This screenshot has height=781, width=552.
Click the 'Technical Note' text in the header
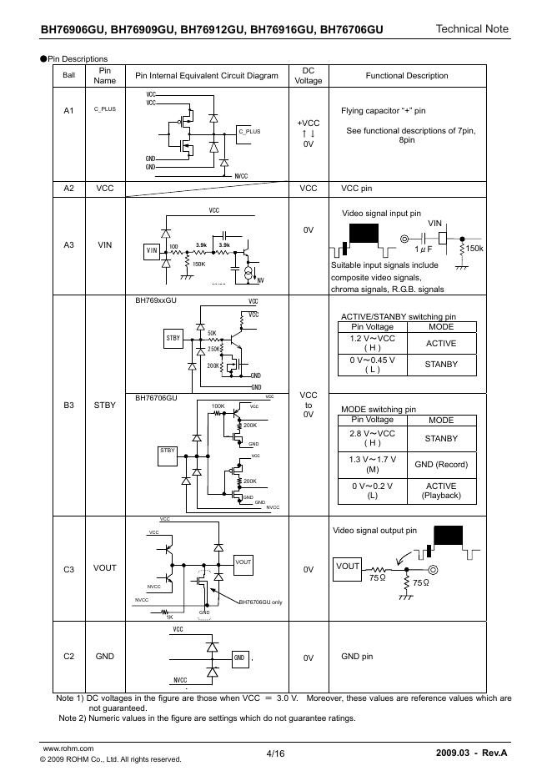tap(471, 29)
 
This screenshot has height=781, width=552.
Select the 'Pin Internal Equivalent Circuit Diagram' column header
tap(207, 76)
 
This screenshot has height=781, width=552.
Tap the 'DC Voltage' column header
tap(308, 76)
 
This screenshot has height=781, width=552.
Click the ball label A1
tap(69, 111)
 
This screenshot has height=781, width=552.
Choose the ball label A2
tap(69, 189)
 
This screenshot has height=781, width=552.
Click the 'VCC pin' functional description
tap(357, 189)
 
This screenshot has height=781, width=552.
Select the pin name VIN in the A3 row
tap(105, 245)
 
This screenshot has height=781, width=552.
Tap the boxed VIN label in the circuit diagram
tap(152, 249)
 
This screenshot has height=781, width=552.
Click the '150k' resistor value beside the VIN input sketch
tap(475, 249)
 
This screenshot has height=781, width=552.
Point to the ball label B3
tap(69, 406)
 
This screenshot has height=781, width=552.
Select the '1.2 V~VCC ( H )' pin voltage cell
tap(373, 343)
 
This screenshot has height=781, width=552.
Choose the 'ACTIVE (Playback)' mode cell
tap(441, 491)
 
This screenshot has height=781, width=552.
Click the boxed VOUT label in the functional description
tap(347, 567)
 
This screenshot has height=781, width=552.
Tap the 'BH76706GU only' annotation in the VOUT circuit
tap(263, 602)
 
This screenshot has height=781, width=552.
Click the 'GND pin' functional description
tap(357, 657)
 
